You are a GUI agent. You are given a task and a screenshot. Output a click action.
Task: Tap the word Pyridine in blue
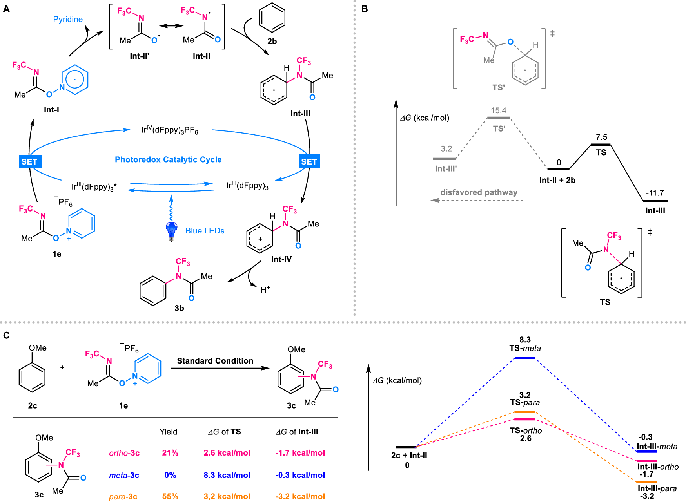click(x=68, y=19)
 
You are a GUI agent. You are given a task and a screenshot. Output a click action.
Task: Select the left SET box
click(x=29, y=161)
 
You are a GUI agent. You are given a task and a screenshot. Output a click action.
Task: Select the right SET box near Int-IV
click(x=309, y=161)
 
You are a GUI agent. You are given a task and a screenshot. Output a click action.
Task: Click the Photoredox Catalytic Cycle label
click(x=168, y=159)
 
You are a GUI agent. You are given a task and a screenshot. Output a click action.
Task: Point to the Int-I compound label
click(x=51, y=110)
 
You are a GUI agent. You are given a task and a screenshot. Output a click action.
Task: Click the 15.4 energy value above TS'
click(x=499, y=110)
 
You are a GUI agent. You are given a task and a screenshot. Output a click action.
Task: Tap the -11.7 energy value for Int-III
click(x=655, y=193)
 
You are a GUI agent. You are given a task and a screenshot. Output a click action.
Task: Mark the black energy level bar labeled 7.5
click(x=601, y=145)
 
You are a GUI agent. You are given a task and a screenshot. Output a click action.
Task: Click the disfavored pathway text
click(x=479, y=192)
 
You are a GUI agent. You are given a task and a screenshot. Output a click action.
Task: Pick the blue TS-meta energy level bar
click(x=524, y=358)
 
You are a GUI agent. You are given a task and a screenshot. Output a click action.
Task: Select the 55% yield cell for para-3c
click(x=170, y=496)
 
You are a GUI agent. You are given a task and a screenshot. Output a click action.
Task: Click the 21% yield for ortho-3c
click(x=170, y=453)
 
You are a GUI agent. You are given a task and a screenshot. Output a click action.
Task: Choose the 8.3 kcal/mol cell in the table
click(x=227, y=475)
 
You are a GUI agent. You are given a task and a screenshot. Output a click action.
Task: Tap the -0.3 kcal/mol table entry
click(x=300, y=475)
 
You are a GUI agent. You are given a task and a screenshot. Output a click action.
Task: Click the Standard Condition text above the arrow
click(x=215, y=361)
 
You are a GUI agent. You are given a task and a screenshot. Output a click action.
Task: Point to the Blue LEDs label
click(x=205, y=231)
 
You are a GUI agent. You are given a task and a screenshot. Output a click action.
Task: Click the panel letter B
click(x=365, y=9)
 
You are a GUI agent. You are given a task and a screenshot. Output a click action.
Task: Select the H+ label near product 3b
click(x=265, y=290)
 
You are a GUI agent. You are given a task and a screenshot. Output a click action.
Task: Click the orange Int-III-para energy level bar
click(x=646, y=482)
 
